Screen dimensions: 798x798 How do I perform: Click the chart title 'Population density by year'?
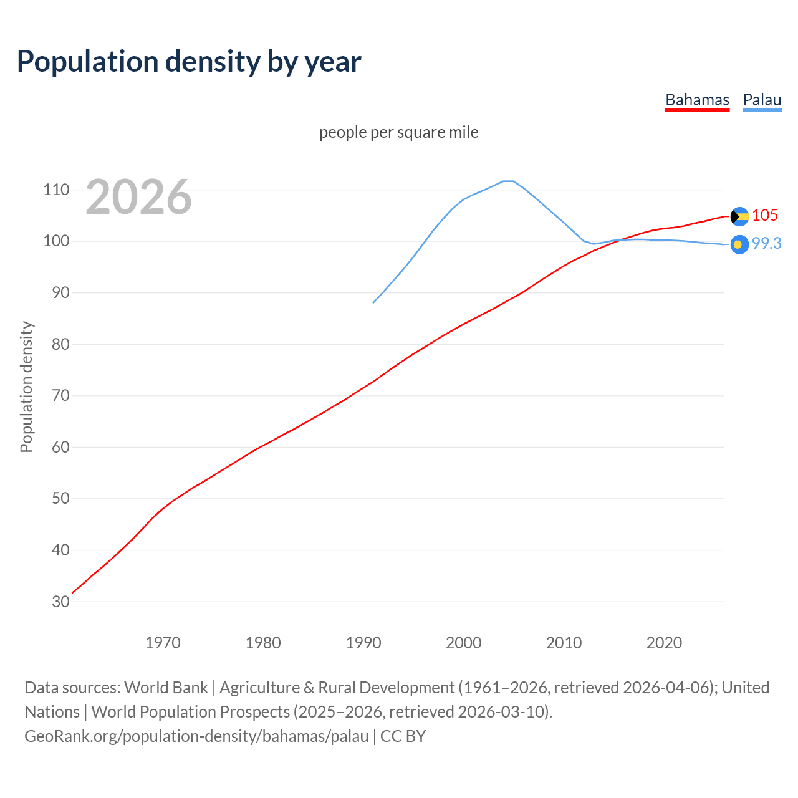click(x=189, y=62)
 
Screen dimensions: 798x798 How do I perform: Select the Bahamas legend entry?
click(x=697, y=100)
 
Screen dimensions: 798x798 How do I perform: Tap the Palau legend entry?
click(x=762, y=100)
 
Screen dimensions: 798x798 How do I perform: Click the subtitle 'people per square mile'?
click(x=398, y=132)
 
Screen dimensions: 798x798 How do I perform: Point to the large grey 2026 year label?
click(x=138, y=197)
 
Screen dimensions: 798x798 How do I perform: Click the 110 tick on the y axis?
click(x=56, y=190)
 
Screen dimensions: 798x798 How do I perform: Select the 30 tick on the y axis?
click(x=60, y=602)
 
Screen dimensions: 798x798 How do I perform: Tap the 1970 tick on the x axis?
click(x=163, y=643)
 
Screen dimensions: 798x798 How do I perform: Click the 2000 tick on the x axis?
click(x=463, y=643)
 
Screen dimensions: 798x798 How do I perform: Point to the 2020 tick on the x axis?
click(x=664, y=643)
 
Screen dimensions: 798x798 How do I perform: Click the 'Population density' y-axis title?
click(x=26, y=387)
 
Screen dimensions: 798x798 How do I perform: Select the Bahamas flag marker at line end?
click(x=739, y=216)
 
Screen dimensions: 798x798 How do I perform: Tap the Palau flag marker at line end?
click(x=739, y=245)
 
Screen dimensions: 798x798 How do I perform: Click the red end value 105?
click(x=765, y=215)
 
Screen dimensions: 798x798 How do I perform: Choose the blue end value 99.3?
click(x=766, y=244)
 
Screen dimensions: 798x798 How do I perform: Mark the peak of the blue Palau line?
click(x=508, y=181)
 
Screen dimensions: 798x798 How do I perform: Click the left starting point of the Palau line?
click(x=373, y=303)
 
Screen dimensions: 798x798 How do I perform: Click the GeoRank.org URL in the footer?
click(x=196, y=736)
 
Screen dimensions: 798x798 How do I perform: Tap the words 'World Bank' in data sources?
click(x=166, y=688)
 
